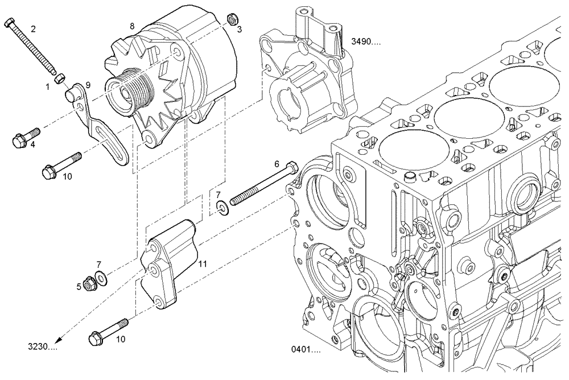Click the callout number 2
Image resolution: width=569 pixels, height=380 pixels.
(33, 28)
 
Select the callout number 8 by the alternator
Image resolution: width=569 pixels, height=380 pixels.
(132, 26)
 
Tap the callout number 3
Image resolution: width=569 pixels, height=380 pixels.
(240, 30)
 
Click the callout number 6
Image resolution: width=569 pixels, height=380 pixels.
(277, 164)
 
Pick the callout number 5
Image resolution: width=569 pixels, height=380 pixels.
(79, 287)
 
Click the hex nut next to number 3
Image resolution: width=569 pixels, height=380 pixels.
(232, 19)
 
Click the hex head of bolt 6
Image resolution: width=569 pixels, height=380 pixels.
(292, 167)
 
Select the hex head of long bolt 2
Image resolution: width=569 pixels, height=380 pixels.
(10, 23)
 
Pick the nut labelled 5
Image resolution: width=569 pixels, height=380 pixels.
(89, 282)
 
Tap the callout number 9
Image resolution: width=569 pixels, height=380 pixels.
(88, 85)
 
